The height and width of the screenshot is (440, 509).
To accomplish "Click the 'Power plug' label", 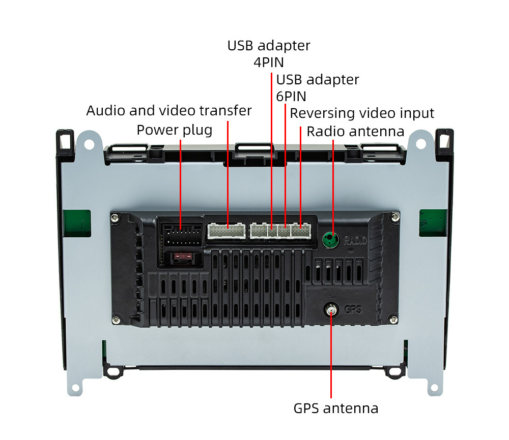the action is pyautogui.click(x=174, y=130).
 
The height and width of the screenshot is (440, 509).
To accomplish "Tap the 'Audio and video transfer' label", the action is pyautogui.click(x=169, y=110).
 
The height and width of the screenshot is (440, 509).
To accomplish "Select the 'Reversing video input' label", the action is pyautogui.click(x=362, y=113).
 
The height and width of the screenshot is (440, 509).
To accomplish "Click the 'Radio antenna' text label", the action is pyautogui.click(x=355, y=132).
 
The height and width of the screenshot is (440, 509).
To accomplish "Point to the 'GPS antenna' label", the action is pyautogui.click(x=336, y=408).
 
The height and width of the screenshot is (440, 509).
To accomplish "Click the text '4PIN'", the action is pyautogui.click(x=269, y=62).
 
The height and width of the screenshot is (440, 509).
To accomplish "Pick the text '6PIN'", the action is pyautogui.click(x=291, y=96).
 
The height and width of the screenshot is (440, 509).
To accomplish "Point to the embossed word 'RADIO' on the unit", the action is pyautogui.click(x=355, y=240).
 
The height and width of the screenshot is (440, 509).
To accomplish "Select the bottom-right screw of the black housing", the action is pyautogui.click(x=392, y=319).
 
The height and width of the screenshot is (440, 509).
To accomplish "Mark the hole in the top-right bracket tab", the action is pyautogui.click(x=420, y=143).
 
